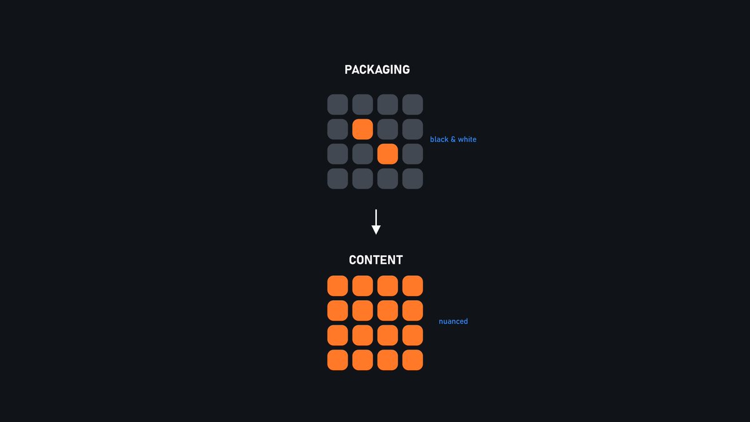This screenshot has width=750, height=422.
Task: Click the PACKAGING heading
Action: click(377, 69)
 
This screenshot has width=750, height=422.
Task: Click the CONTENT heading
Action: click(376, 260)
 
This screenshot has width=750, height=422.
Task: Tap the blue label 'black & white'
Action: click(453, 139)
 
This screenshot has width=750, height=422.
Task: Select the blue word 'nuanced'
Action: click(453, 321)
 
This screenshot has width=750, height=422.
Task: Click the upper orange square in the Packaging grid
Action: click(362, 129)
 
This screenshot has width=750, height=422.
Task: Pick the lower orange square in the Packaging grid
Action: click(387, 154)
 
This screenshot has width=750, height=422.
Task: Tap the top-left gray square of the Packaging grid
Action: click(337, 104)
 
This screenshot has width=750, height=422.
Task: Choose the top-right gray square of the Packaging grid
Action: click(412, 104)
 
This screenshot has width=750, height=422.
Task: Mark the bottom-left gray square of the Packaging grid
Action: click(337, 179)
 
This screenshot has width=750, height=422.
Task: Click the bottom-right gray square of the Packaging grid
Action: click(412, 179)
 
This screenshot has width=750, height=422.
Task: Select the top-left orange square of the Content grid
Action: click(337, 286)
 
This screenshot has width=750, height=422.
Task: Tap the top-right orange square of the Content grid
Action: click(412, 286)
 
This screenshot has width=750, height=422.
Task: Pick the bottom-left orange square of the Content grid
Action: click(337, 360)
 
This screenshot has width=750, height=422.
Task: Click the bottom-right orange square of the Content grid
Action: click(412, 360)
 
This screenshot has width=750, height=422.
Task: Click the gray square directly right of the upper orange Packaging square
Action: click(387, 129)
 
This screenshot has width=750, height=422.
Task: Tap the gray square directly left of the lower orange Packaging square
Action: click(362, 154)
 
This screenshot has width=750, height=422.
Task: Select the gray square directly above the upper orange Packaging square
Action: click(362, 104)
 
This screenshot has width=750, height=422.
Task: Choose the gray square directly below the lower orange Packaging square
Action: click(387, 179)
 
